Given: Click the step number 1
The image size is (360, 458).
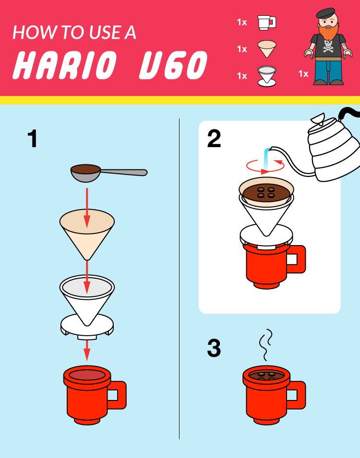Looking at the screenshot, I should (33, 139).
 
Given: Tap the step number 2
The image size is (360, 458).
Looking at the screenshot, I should (214, 139).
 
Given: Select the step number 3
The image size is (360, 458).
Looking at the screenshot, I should (214, 349).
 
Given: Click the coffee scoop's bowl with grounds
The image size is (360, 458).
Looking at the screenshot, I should (85, 171).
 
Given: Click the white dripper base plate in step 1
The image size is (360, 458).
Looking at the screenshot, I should (87, 326).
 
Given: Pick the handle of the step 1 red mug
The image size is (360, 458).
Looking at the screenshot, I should (118, 395).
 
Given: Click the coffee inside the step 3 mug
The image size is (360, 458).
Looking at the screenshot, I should (266, 376).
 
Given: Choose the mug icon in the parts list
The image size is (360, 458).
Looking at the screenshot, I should (266, 22).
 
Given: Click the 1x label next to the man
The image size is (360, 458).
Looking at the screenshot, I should (303, 73).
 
